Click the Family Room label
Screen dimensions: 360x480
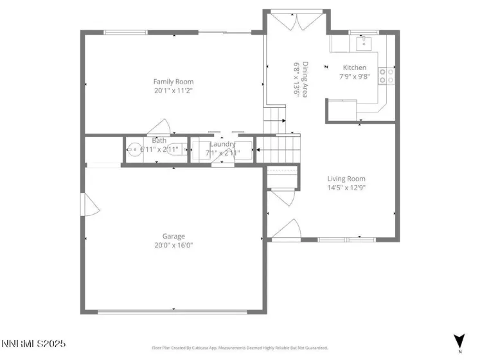(x=173, y=82)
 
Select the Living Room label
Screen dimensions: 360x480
(x=346, y=179)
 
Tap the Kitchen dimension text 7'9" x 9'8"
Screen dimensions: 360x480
(x=355, y=76)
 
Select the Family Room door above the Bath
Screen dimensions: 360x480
(x=159, y=127)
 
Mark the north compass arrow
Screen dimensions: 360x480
(x=459, y=341)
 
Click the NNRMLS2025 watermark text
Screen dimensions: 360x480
(x=33, y=344)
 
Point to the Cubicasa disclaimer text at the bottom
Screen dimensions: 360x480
(x=240, y=348)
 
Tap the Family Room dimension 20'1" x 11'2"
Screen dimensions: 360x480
(x=173, y=91)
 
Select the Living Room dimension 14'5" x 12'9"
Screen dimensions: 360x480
(x=346, y=188)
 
